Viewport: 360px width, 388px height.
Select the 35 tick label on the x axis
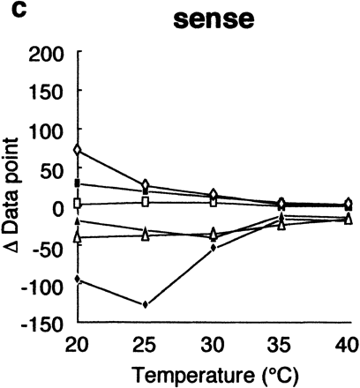[x=281, y=342]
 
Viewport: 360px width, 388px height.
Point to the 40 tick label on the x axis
[x=347, y=342]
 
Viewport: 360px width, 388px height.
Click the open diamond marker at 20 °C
[x=78, y=151]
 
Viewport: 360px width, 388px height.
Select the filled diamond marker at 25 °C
[x=146, y=304]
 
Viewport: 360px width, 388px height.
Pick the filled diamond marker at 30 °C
[x=214, y=248]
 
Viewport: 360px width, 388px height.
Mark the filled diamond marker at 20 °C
[x=78, y=280]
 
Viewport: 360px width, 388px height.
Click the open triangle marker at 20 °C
[x=78, y=236]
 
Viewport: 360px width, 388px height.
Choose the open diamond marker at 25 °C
[x=146, y=185]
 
